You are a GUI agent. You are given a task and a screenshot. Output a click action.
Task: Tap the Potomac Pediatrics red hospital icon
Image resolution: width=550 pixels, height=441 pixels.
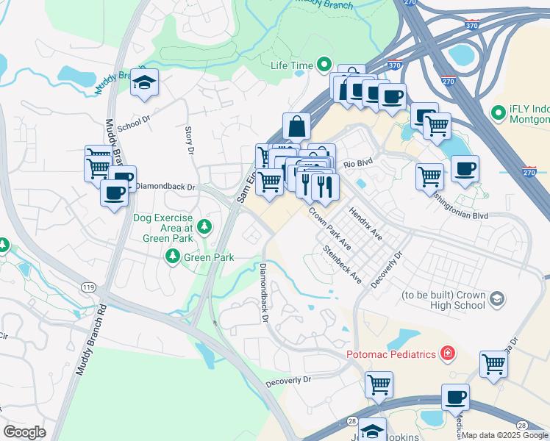pos(446,354)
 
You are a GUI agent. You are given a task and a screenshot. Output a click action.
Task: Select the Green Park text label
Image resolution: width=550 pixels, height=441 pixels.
pos(209,257)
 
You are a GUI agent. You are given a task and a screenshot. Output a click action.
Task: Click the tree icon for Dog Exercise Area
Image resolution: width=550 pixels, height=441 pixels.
pos(204,225)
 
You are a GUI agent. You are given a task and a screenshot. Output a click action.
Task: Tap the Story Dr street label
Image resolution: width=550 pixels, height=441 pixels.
pos(189,140)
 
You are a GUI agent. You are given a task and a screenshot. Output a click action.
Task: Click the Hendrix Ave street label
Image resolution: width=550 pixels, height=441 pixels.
pos(365,223)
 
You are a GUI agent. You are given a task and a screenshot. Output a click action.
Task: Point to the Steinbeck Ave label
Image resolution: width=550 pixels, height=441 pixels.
pos(343,265)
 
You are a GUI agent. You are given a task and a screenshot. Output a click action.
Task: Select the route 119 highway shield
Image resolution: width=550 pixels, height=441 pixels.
pos(89,287)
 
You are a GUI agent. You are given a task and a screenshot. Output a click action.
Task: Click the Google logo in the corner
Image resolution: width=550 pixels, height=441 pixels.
pos(24,432)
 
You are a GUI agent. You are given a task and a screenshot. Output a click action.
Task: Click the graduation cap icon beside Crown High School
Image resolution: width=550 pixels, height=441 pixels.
pos(497,298)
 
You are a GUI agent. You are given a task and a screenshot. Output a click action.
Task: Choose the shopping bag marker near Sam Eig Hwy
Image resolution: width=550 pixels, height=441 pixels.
pos(296,126)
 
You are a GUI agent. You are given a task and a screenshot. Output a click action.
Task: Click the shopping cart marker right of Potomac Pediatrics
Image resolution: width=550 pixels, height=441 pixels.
pos(493,364)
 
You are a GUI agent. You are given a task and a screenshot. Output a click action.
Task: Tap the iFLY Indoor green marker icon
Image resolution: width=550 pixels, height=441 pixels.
pos(497,113)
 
